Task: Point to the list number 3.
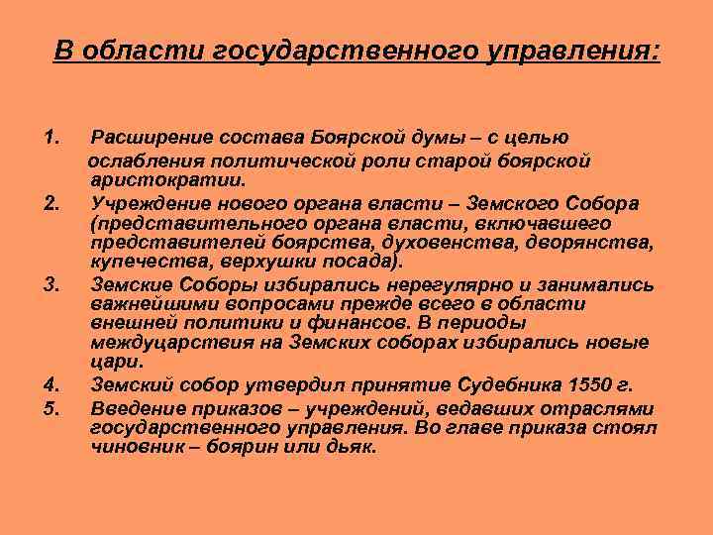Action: coord(53,285)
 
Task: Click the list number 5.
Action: coord(53,407)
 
